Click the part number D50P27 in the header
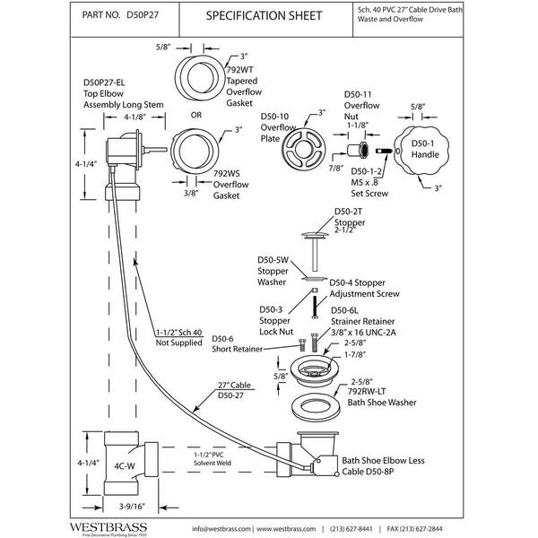[x=143, y=14]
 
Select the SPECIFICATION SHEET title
[x=264, y=15]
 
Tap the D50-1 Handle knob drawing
[x=421, y=150]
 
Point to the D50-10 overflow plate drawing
[x=303, y=149]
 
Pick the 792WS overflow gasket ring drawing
[x=195, y=150]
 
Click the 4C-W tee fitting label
[x=125, y=466]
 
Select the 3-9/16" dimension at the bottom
[x=132, y=506]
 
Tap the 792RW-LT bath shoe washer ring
[x=316, y=407]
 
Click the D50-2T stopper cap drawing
[x=315, y=235]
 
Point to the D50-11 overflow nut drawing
[x=357, y=150]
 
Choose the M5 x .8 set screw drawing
[x=384, y=151]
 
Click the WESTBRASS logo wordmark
[x=108, y=527]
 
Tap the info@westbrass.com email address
[x=221, y=529]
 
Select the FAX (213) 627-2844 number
[x=414, y=529]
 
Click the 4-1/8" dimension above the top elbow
[x=134, y=117]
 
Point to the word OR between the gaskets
[x=195, y=115]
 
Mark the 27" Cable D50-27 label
[x=234, y=390]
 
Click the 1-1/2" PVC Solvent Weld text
[x=212, y=459]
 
